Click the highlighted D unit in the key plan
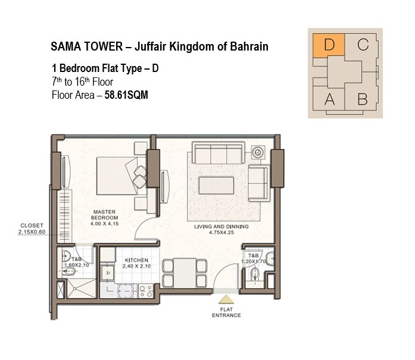(329, 45)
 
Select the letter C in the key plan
(363, 45)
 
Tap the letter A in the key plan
(329, 99)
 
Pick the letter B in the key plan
(363, 99)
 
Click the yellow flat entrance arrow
(226, 299)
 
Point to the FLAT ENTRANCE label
(226, 312)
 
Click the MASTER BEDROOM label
(105, 215)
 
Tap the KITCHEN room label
(136, 260)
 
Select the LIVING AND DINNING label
(221, 227)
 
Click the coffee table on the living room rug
(216, 186)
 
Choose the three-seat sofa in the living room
(219, 153)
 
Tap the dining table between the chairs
(185, 273)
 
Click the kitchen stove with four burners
(146, 291)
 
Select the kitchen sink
(108, 273)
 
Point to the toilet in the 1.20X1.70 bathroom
(255, 274)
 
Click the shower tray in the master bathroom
(82, 289)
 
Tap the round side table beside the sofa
(258, 152)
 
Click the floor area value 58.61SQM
(126, 95)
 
